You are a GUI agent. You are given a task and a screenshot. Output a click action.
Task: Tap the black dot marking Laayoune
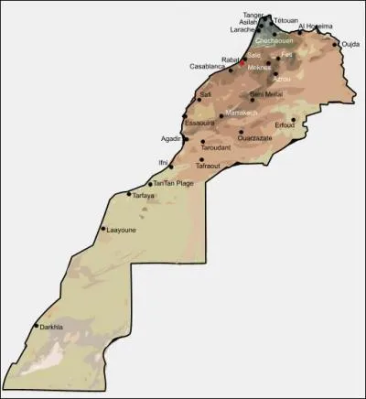[x=103, y=228]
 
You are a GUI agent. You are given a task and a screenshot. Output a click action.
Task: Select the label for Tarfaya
[x=144, y=196]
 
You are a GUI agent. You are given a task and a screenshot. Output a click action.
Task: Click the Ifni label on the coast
[x=163, y=161]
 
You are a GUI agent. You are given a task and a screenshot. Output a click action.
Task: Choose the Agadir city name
[x=171, y=138]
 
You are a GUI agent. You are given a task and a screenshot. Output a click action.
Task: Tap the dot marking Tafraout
[x=200, y=160]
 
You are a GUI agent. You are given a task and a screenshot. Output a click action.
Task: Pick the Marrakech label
[x=242, y=113]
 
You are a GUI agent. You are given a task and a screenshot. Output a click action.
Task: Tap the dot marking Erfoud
[x=294, y=118]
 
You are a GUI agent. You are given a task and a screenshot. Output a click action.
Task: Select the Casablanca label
[x=207, y=66]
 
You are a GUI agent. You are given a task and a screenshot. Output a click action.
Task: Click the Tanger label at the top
[x=253, y=15]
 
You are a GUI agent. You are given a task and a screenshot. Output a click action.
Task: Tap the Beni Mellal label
[x=269, y=93]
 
